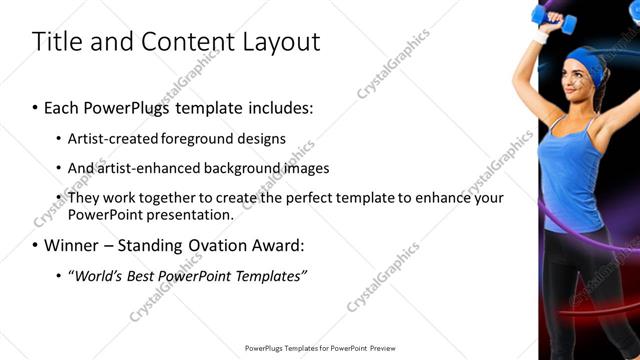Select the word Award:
(x=274, y=244)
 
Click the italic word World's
(x=99, y=274)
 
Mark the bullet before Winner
(x=35, y=244)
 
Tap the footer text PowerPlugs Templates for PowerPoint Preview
(x=320, y=348)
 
